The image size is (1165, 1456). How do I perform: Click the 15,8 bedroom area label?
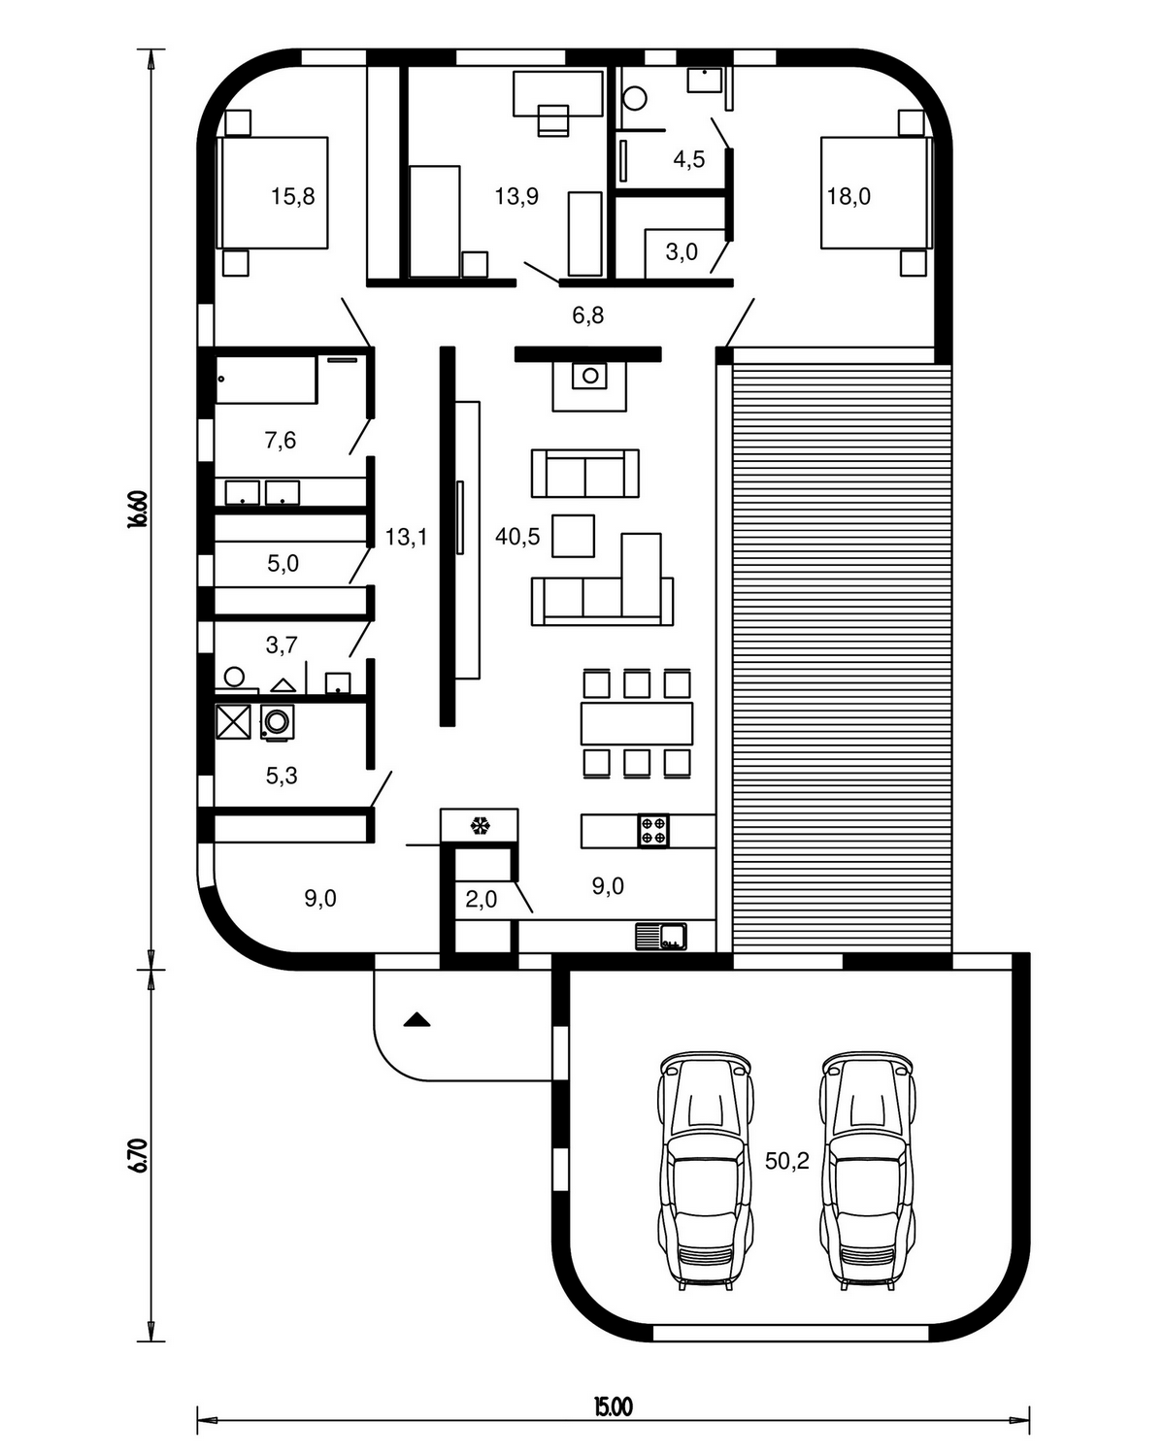coord(292,196)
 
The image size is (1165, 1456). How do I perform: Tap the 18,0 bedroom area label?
coord(849,196)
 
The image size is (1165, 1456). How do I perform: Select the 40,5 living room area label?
coord(517,537)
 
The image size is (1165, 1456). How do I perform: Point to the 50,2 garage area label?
coord(787,1161)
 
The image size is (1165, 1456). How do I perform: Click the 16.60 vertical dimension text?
coord(137,509)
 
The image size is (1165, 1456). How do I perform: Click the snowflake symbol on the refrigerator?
coord(481,826)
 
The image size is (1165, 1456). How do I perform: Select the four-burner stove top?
coord(653,830)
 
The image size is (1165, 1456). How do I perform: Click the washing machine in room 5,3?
coord(277,722)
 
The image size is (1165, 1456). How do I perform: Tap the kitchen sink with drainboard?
coord(661,937)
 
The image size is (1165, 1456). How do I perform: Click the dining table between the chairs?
coord(636,723)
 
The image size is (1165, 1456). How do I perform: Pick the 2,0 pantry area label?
coord(481,899)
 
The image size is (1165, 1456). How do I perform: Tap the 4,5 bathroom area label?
coord(688,159)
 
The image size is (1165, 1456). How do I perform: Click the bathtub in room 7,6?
coord(266,380)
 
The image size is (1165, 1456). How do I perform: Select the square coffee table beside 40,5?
coord(573,536)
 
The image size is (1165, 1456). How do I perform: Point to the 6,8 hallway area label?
coord(587,315)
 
